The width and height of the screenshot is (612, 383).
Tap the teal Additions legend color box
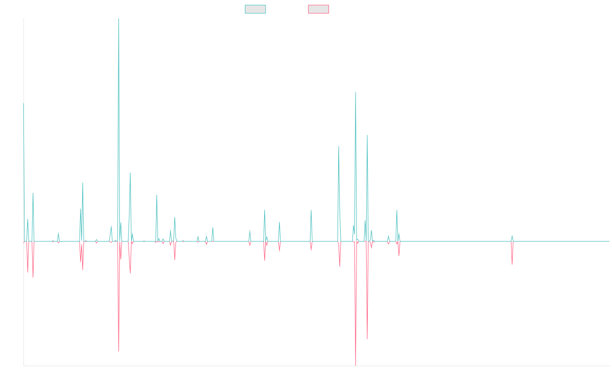[256, 9]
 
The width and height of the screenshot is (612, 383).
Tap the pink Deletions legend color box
[318, 9]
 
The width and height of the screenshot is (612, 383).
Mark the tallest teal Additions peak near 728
[119, 20]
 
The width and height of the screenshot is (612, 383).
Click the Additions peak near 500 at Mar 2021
[355, 92]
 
